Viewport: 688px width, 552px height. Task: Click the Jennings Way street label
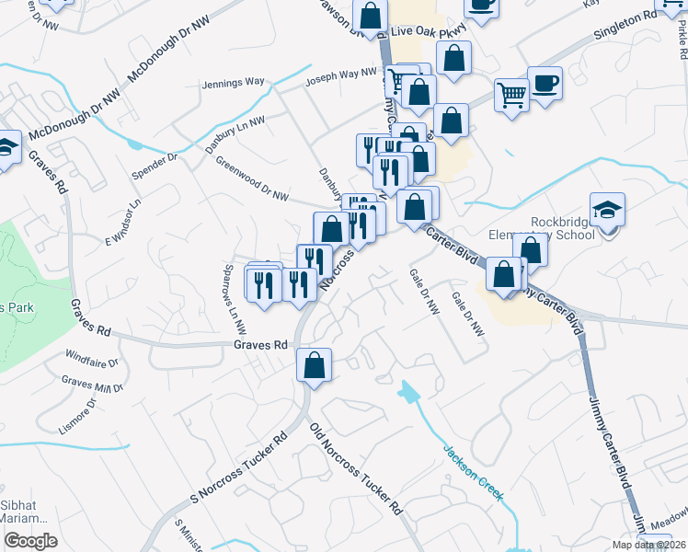click(233, 84)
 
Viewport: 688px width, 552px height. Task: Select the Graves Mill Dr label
click(92, 383)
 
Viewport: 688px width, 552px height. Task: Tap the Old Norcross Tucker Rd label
click(356, 469)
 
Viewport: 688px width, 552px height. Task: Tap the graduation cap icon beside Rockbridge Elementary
click(607, 210)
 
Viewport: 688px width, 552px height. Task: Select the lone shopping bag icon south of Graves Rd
click(315, 365)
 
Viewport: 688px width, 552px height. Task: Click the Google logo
click(30, 541)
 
